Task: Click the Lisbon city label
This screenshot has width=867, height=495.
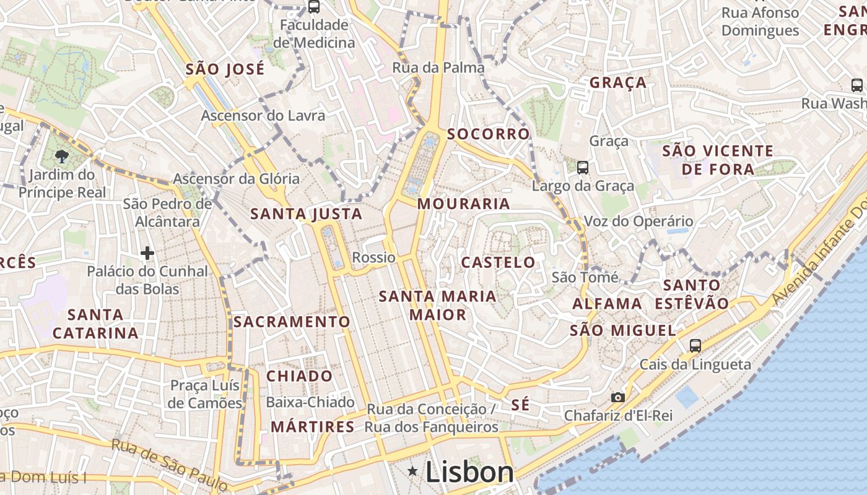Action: [x=469, y=473]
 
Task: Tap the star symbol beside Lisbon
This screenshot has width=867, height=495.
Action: [x=412, y=472]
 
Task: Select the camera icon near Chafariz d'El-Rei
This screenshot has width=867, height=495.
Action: [x=617, y=397]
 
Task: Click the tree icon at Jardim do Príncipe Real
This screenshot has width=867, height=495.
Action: [x=61, y=156]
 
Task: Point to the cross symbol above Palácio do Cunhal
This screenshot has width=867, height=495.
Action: [x=147, y=253]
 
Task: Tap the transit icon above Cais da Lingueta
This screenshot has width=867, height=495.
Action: [x=695, y=346]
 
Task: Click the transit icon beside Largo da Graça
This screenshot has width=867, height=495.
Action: [x=582, y=167]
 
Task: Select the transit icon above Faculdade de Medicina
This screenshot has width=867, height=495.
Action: [x=314, y=7]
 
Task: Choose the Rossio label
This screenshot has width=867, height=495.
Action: [x=373, y=257]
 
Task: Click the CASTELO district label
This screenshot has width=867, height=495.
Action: [x=499, y=262]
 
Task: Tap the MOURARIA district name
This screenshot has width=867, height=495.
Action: [x=464, y=204]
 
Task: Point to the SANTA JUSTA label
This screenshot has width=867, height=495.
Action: [x=306, y=215]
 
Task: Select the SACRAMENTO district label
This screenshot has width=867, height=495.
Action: [x=292, y=322]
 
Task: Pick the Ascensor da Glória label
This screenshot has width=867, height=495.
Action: [x=236, y=179]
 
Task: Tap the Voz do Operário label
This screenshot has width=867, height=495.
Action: [x=638, y=222]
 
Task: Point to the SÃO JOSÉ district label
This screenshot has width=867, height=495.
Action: [x=225, y=69]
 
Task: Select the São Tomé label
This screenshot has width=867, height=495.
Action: [x=585, y=277]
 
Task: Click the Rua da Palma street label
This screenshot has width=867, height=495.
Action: [x=438, y=68]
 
